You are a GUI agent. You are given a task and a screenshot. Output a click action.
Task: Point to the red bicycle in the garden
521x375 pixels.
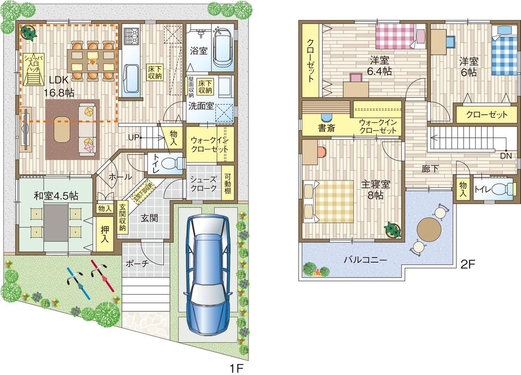102,276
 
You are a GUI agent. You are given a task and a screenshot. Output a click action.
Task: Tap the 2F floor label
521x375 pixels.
468,264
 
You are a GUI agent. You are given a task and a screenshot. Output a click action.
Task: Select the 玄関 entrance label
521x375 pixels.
149,218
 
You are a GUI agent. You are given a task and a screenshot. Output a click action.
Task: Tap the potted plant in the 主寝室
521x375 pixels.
392,229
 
